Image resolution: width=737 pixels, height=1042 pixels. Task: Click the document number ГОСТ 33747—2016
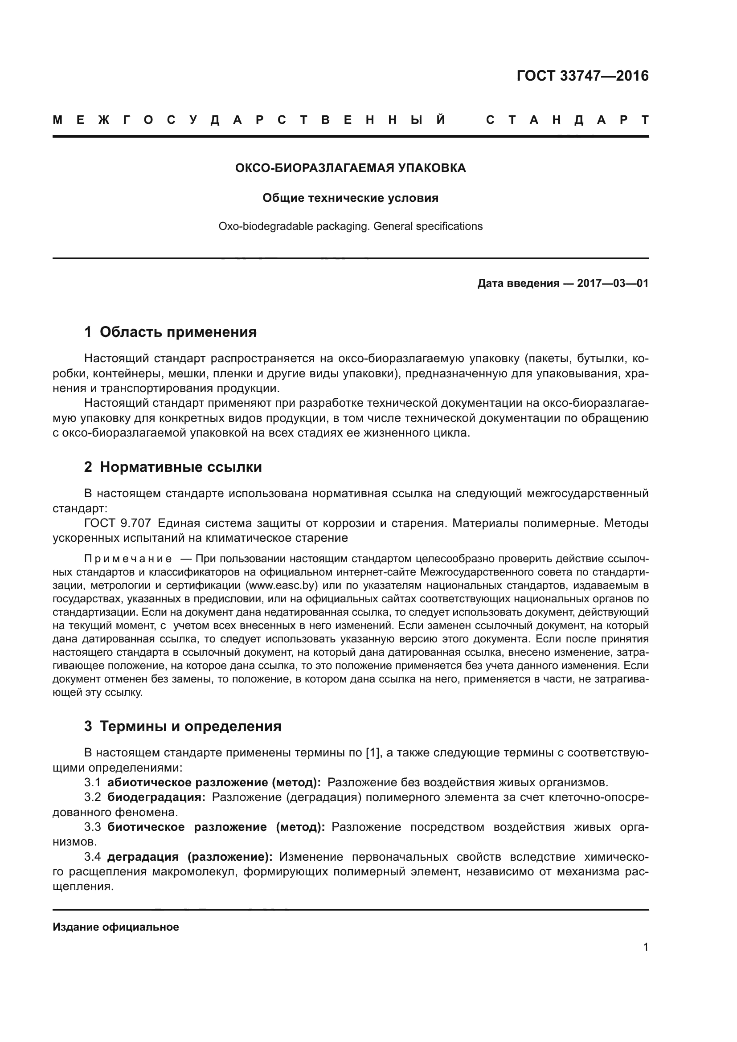tap(582, 76)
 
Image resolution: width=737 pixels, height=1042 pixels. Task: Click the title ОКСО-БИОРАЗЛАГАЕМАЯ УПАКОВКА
tap(350, 168)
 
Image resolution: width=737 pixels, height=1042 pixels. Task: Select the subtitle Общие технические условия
tap(350, 198)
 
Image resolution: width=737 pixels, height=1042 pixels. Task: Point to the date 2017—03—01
tap(613, 284)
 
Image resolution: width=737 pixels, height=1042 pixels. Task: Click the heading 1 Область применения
tap(171, 332)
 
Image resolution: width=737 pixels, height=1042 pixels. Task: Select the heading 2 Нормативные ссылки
tap(173, 467)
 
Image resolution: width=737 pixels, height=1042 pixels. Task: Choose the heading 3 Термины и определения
tap(182, 727)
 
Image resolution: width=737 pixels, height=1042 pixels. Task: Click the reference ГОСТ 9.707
tap(118, 523)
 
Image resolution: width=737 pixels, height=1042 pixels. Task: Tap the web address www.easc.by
tap(281, 585)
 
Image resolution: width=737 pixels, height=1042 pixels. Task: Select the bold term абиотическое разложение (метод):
tap(214, 783)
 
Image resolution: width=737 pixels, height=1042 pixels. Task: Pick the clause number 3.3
tap(93, 827)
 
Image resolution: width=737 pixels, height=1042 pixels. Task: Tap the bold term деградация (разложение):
tap(190, 857)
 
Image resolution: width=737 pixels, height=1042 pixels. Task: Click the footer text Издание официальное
tap(116, 927)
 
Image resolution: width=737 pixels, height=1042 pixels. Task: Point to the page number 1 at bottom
tap(646, 947)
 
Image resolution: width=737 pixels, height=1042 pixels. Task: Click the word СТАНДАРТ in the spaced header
tap(567, 120)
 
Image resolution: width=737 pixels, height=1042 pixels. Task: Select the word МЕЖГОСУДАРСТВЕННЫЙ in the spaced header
tap(249, 120)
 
